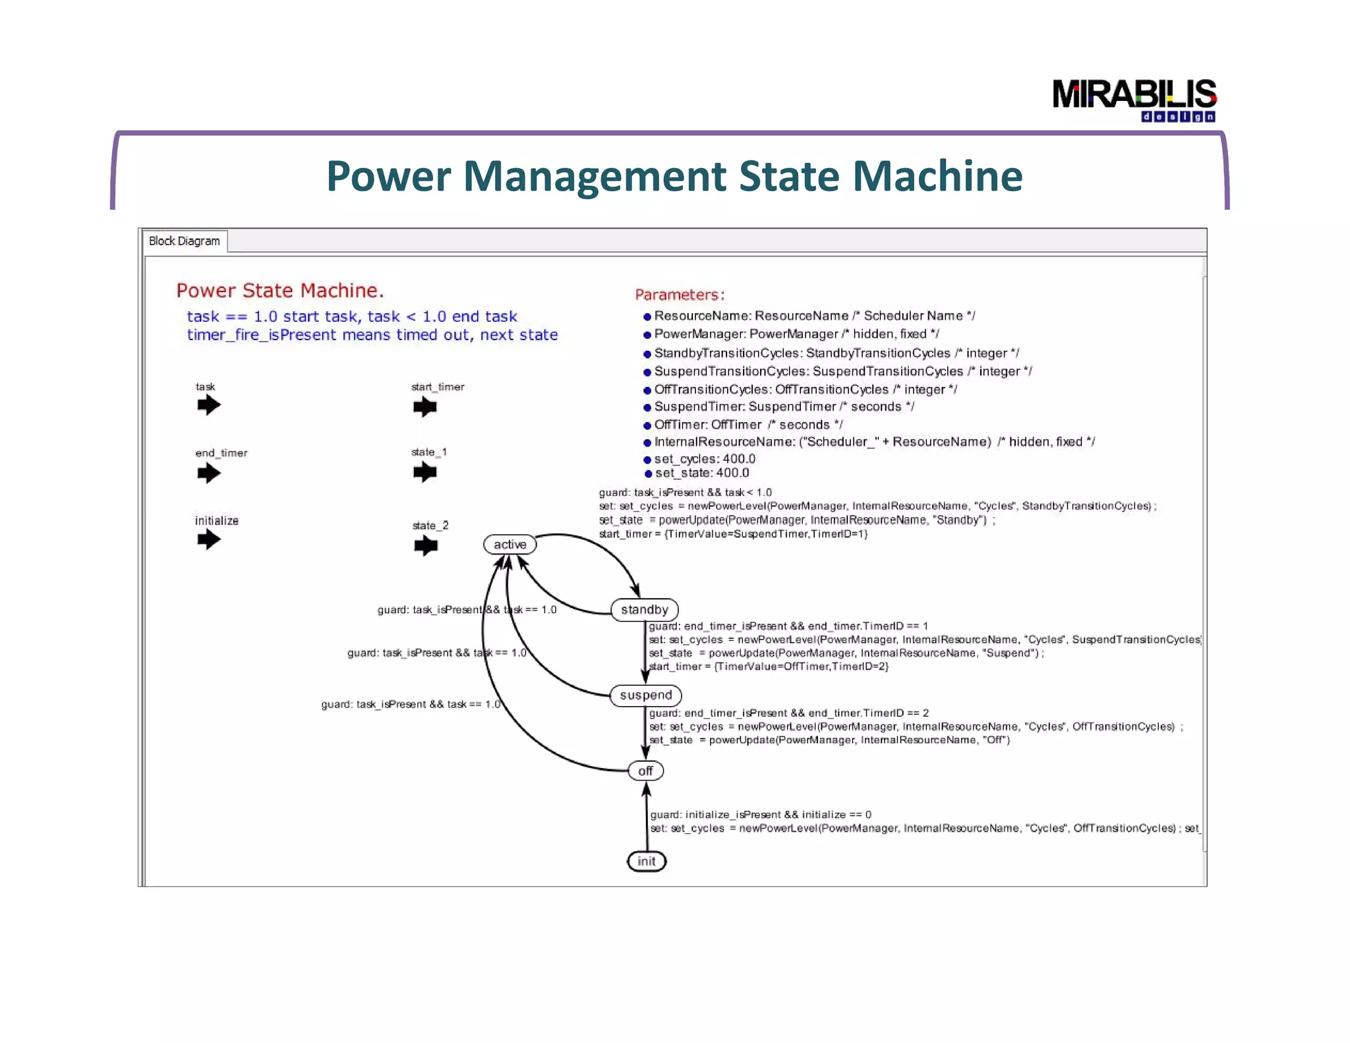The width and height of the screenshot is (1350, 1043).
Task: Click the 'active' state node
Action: tap(510, 545)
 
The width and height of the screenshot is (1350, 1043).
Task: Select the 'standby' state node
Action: tap(644, 610)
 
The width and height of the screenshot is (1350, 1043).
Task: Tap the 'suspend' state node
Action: tap(645, 696)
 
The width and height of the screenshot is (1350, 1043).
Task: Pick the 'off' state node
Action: tap(645, 771)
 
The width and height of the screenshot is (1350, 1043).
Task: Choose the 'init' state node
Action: tap(647, 861)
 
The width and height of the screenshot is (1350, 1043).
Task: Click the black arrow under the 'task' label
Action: tap(209, 405)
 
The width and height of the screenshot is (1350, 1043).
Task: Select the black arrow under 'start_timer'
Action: tap(425, 407)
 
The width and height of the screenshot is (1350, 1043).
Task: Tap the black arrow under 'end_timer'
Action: tap(209, 473)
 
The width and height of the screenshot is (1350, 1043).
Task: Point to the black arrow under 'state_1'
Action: tap(425, 472)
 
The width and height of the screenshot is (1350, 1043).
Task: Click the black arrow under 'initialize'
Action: tap(209, 540)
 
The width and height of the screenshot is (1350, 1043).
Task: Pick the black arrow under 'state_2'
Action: tap(426, 545)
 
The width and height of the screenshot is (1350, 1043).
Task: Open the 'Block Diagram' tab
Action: tap(185, 241)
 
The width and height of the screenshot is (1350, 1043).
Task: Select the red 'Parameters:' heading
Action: tap(680, 295)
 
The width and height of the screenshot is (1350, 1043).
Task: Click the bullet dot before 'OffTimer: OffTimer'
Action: tap(647, 425)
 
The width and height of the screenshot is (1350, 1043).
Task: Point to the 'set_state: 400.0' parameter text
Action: tap(702, 473)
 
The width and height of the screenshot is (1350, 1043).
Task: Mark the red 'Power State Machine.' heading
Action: tap(280, 291)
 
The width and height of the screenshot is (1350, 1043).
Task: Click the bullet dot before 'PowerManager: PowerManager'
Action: tap(647, 335)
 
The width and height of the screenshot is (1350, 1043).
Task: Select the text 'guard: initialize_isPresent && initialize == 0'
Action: tap(761, 815)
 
